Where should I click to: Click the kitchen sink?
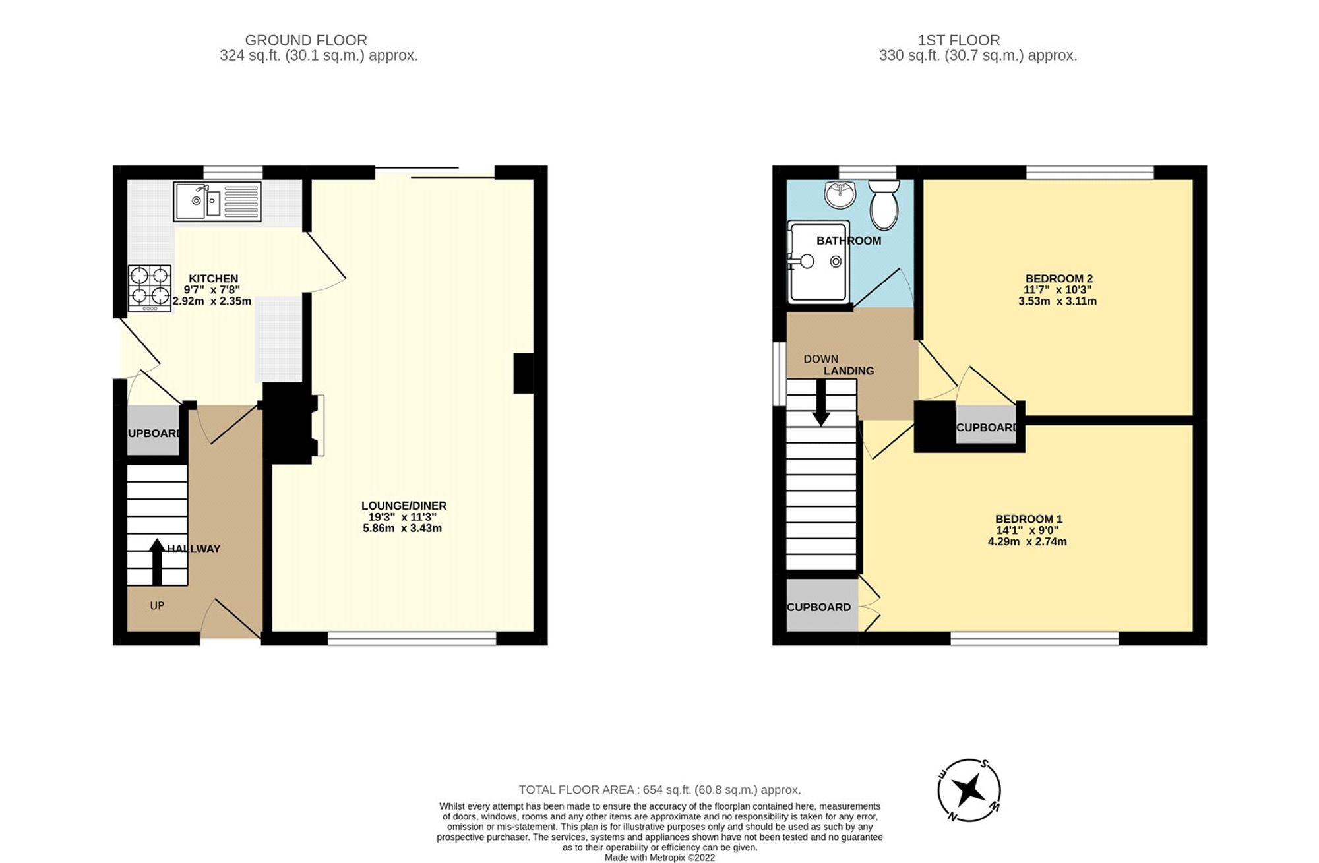pos(217,201)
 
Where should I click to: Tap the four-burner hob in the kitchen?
pos(150,288)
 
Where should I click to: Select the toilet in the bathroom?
pos(884,203)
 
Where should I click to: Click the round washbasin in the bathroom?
pos(840,193)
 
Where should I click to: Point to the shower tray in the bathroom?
pos(818,261)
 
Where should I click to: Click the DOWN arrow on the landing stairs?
pos(821,402)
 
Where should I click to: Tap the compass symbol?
pos(969,790)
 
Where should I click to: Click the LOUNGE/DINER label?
pos(404,506)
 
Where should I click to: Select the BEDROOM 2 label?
pos(1058,278)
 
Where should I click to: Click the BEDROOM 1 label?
pos(1028,519)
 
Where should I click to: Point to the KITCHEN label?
pos(213,278)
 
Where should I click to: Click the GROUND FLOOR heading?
pos(305,40)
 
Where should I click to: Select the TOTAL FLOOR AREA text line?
pos(659,790)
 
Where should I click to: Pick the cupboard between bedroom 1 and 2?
pos(986,427)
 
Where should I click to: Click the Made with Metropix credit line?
pos(659,858)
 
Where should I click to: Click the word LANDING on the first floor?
pos(849,371)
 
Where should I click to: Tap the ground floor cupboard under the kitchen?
pos(153,432)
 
